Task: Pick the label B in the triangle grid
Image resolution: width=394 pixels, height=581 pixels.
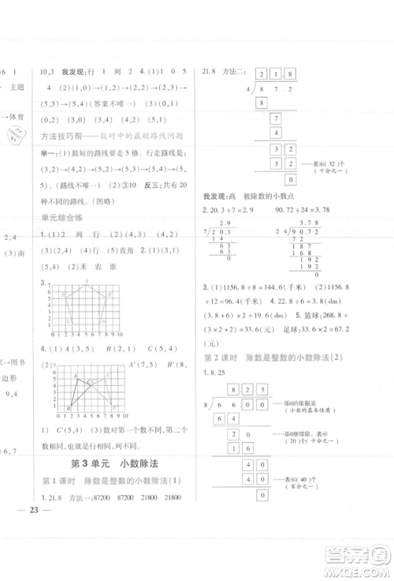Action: [x=69, y=407]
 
